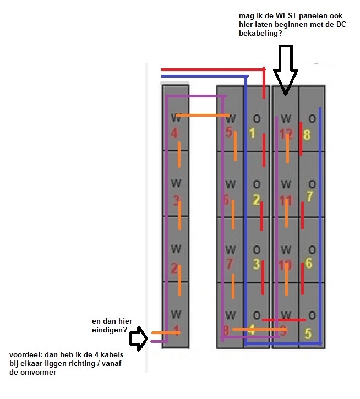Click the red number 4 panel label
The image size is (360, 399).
pyautogui.click(x=174, y=133)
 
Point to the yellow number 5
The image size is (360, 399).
pyautogui.click(x=307, y=334)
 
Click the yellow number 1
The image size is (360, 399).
pyautogui.click(x=252, y=133)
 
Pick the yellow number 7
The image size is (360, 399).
pyautogui.click(x=309, y=196)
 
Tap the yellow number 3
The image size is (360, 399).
pyautogui.click(x=256, y=264)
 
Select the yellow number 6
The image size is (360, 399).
pyautogui.click(x=308, y=263)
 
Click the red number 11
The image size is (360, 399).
pyautogui.click(x=286, y=200)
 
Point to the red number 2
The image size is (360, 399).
pyautogui.click(x=174, y=269)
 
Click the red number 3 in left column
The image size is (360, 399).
pyautogui.click(x=176, y=201)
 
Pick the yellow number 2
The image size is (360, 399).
pyautogui.click(x=255, y=200)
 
